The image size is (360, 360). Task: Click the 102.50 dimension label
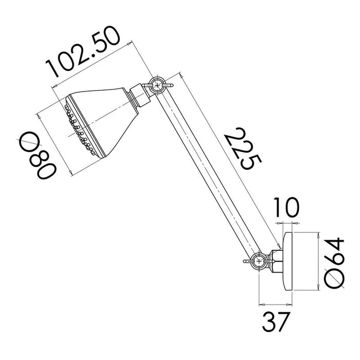click(83, 52)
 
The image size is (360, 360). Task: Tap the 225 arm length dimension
click(243, 149)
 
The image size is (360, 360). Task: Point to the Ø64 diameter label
click(334, 263)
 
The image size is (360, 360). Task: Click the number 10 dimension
click(286, 208)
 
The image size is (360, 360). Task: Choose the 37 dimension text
click(276, 321)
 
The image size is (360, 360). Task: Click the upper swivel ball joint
click(157, 85)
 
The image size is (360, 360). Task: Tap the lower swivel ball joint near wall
click(259, 261)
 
